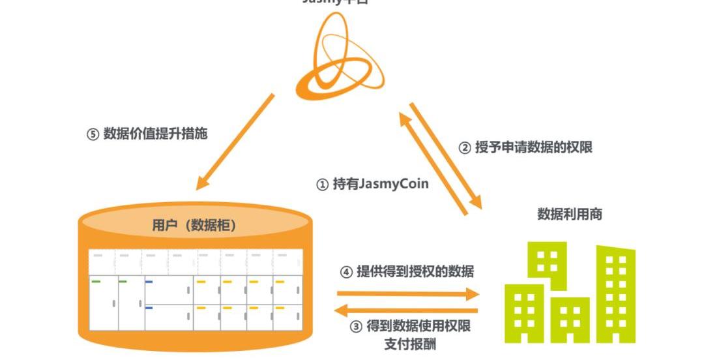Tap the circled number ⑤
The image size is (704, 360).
point(93,135)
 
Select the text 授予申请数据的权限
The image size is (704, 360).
point(533,147)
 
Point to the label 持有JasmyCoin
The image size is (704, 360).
point(381,184)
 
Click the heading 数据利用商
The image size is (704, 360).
point(570,214)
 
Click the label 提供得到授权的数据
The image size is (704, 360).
point(415,271)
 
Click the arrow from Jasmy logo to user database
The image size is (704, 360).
point(235,142)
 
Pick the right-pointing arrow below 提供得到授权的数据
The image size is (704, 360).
point(408,294)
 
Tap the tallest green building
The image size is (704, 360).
point(615,293)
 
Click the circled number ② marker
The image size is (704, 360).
point(465,148)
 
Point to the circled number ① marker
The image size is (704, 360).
point(322,185)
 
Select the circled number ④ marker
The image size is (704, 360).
point(346,272)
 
